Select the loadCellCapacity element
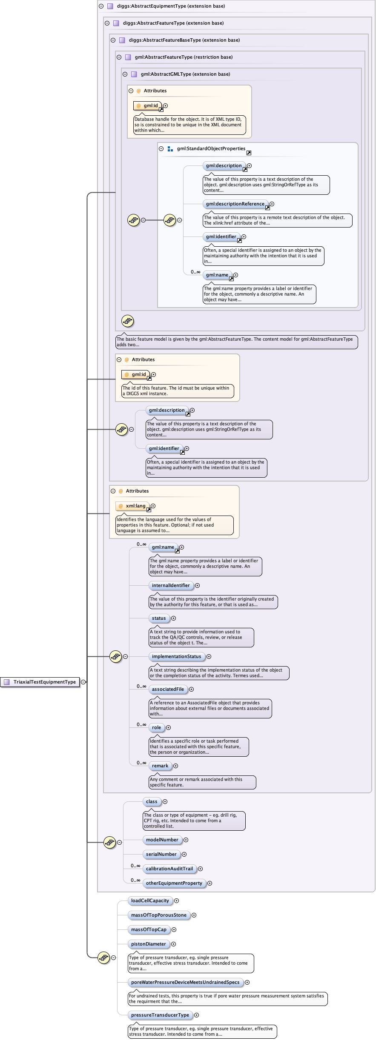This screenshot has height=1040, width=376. [x=150, y=900]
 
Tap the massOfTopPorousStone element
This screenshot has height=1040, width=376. [x=158, y=915]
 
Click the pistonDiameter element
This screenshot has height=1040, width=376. [x=148, y=944]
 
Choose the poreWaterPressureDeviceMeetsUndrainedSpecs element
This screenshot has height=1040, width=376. [x=185, y=982]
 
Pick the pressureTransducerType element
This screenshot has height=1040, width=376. [x=160, y=1015]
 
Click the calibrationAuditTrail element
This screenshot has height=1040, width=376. [x=169, y=869]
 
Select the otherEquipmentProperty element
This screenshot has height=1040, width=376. [x=174, y=883]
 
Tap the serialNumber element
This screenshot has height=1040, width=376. [x=161, y=854]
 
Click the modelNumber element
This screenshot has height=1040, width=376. [x=162, y=840]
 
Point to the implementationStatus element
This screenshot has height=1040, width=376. [x=176, y=656]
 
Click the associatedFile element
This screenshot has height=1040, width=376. [x=168, y=689]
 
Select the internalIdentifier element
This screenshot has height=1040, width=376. [x=171, y=585]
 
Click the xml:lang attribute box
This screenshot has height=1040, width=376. [x=132, y=506]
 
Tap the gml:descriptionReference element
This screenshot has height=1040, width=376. [x=235, y=204]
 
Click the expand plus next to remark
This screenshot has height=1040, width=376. [x=175, y=766]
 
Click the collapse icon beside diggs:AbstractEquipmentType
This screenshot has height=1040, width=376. [x=101, y=6]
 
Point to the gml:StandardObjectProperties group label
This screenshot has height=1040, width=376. [x=211, y=148]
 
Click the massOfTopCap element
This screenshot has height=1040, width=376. [x=149, y=929]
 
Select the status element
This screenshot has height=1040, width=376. [x=159, y=618]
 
